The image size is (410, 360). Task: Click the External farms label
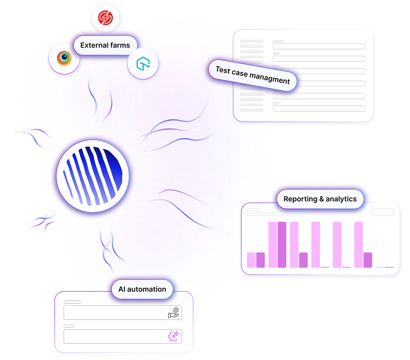[x=105, y=45]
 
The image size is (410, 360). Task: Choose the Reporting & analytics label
[x=320, y=199]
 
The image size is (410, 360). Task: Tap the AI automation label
[x=139, y=290]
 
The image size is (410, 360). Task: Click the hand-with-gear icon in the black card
[x=174, y=313]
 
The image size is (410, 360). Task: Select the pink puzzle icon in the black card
[x=174, y=336]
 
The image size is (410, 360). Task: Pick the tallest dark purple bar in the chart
[x=282, y=245]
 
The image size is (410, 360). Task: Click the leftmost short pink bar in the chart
[x=251, y=260]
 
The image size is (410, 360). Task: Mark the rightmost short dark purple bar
[x=368, y=260]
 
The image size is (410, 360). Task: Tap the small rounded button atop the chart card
[x=383, y=212]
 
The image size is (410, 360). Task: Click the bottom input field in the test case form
[x=319, y=109]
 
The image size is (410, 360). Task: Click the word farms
[x=120, y=45]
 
